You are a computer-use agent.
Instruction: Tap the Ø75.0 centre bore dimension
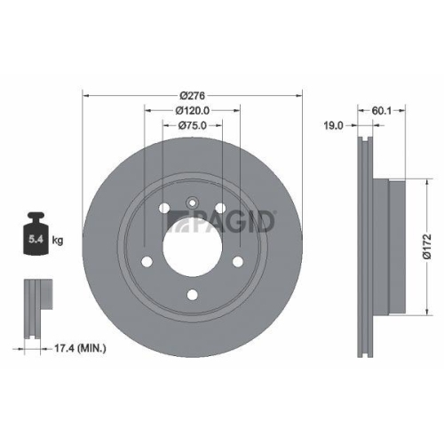(192, 126)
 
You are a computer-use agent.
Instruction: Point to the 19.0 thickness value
(333, 127)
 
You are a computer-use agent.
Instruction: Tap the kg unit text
(58, 240)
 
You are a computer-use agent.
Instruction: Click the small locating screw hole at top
(191, 203)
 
